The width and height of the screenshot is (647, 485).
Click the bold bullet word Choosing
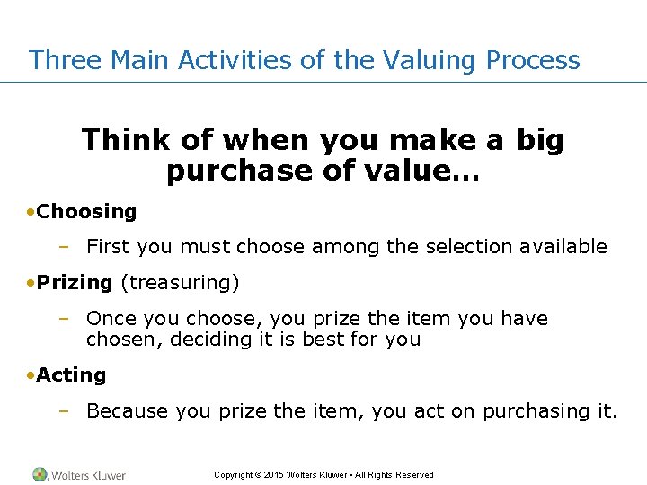86,212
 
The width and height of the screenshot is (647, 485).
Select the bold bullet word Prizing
75,282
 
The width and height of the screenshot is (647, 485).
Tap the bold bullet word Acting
71,375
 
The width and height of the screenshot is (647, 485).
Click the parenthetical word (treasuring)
180,282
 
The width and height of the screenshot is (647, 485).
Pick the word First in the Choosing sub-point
108,246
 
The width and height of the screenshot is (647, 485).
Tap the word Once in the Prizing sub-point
110,319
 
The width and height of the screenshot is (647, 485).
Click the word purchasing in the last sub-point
536,410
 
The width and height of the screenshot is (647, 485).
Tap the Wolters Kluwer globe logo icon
40,474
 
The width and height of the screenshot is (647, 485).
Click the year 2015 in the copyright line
276,475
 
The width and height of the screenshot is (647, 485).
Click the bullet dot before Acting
31,375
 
